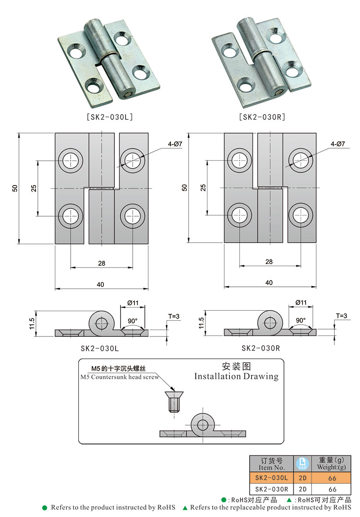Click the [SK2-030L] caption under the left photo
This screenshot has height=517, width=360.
[109, 117]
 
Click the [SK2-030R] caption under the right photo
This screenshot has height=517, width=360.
[262, 117]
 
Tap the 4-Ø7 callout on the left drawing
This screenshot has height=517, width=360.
[175, 144]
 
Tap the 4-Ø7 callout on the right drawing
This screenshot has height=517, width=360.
[337, 144]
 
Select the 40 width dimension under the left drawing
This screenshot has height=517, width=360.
[100, 284]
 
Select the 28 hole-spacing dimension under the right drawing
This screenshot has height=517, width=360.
[269, 262]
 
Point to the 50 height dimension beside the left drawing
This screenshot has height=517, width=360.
[15, 188]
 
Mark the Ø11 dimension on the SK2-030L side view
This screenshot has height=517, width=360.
[132, 303]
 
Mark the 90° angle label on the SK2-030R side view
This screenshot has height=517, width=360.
[301, 321]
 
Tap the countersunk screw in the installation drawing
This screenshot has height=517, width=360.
[172, 402]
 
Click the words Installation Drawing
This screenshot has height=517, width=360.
[236, 376]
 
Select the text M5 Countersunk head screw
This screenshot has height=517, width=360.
[119, 377]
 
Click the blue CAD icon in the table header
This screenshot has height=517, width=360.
[301, 463]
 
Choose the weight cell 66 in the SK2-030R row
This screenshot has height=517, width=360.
[332, 489]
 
